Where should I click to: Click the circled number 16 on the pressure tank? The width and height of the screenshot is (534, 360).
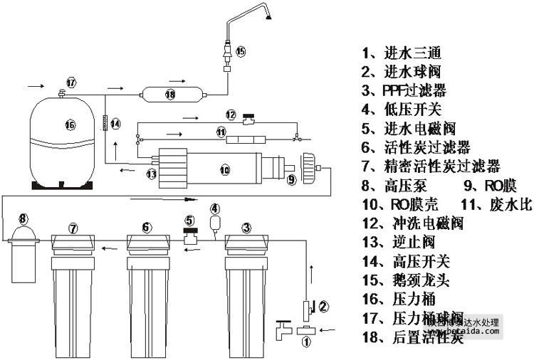click(69, 125)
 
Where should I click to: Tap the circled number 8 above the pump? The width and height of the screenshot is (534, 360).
click(23, 218)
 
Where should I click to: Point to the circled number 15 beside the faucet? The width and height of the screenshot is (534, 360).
click(240, 51)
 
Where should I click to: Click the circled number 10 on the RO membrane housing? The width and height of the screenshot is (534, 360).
click(224, 170)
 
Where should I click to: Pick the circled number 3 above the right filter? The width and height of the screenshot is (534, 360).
click(246, 228)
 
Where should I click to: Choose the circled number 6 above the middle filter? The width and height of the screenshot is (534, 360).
click(146, 228)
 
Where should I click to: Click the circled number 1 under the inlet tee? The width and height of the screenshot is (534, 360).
click(308, 342)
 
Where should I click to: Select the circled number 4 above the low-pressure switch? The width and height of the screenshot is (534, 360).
click(214, 208)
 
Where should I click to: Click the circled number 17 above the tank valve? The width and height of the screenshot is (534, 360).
click(70, 80)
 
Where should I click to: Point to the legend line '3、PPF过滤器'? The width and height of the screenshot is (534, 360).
click(404, 90)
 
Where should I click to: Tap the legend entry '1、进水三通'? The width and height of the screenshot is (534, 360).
click(402, 53)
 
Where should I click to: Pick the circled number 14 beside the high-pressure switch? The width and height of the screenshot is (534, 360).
click(116, 123)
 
